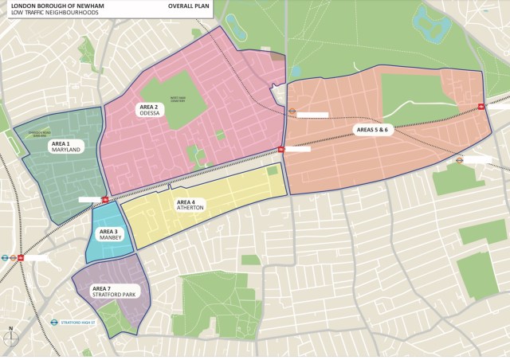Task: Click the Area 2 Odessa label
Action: [151, 110]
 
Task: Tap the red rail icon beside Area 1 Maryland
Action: [105, 200]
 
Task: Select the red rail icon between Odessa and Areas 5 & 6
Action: [281, 149]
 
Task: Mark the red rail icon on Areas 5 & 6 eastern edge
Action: [482, 107]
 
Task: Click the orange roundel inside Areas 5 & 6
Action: [292, 112]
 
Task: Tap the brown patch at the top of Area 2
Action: [277, 56]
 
